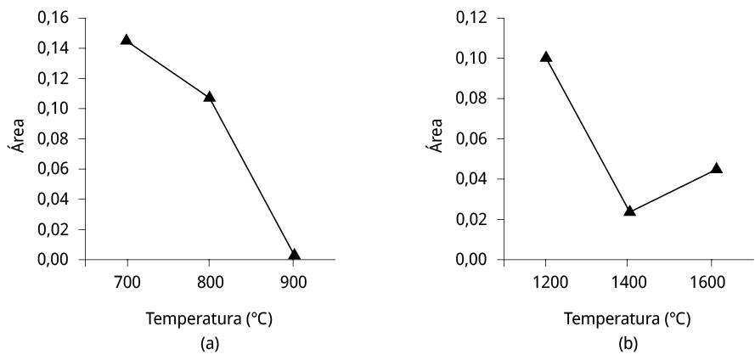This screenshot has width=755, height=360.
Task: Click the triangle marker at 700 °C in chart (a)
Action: [127, 40]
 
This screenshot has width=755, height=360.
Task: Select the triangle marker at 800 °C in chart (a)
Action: [210, 97]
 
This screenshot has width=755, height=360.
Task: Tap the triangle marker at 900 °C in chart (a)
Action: [294, 255]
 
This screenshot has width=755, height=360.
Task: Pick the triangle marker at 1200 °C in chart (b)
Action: [545, 58]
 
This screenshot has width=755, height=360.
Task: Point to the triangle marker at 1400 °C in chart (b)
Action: [629, 210]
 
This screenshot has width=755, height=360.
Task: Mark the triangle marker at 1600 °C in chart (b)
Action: [716, 168]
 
